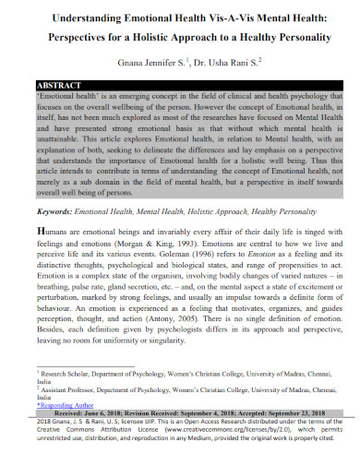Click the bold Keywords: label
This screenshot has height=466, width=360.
(x=54, y=210)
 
